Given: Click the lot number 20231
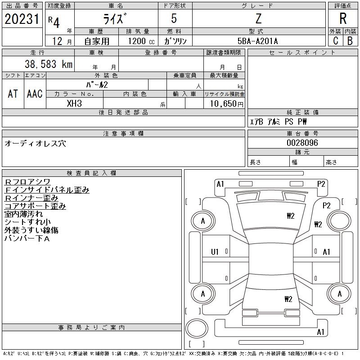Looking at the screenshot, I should coord(22,19).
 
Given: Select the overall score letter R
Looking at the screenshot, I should coord(342,19).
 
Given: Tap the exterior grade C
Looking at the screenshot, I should coord(335,40).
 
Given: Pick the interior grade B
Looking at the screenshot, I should coord(350,40).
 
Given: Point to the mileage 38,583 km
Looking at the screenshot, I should coord(45,64).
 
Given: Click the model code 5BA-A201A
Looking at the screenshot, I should coord(258,41).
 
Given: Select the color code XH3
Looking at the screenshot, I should coord(74,103).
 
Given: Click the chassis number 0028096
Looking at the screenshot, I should coord(302,143).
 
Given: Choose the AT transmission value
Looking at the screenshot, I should coord(13,94).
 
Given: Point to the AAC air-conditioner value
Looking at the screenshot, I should coord(35,94).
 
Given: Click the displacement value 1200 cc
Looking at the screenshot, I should coord(139,41).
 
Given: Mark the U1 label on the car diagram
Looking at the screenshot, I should coord(215,252).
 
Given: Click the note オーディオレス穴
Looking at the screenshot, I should coord(35,143).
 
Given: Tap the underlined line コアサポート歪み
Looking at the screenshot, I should coord(35,206).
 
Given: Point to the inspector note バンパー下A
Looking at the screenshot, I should coord(27,238).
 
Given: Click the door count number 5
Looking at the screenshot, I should coord(175,19).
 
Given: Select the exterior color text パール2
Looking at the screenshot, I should coord(97,85).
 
